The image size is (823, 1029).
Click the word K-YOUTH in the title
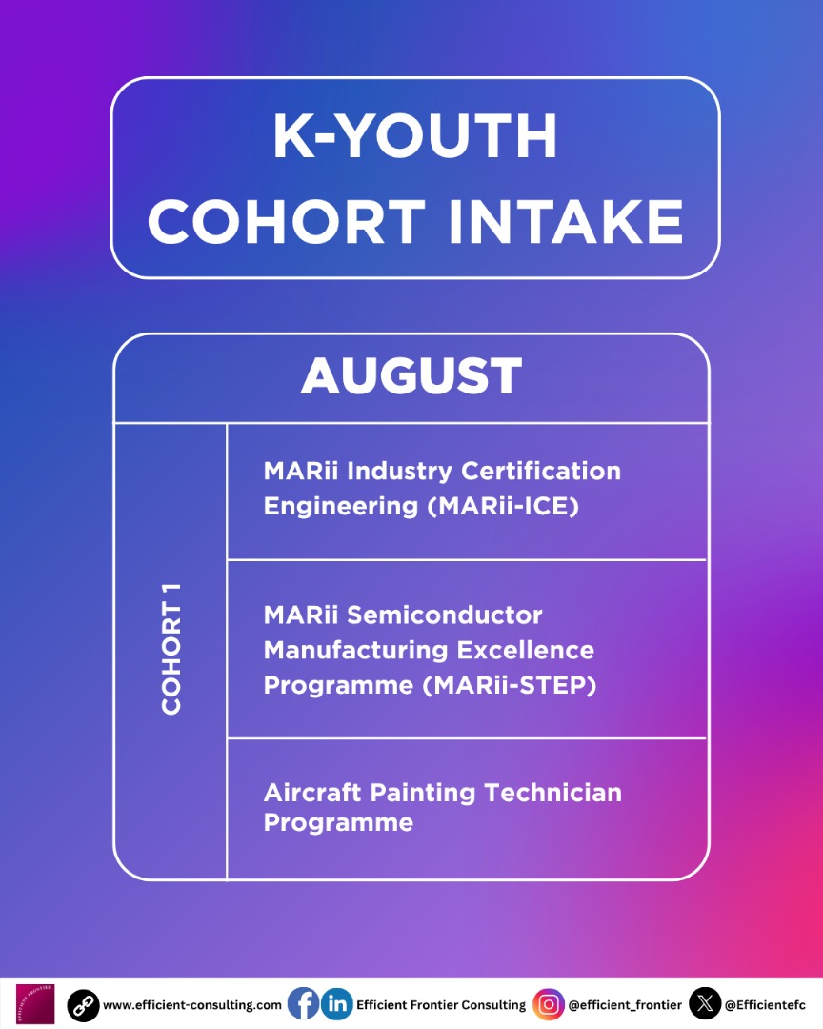415,137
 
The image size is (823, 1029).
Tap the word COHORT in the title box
286,223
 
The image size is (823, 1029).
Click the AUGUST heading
411,376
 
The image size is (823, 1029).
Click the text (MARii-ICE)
503,506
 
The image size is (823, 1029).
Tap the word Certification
541,471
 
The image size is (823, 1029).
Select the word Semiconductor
444,615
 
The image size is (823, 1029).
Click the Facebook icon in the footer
303,1004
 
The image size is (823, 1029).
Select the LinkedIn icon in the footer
336,1004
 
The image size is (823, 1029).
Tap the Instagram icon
548,1004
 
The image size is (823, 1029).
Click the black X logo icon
705,1004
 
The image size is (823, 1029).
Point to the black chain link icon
83,1005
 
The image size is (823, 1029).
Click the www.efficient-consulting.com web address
192,1005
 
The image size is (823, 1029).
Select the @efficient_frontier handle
625,1005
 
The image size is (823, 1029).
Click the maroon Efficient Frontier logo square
35,1004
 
